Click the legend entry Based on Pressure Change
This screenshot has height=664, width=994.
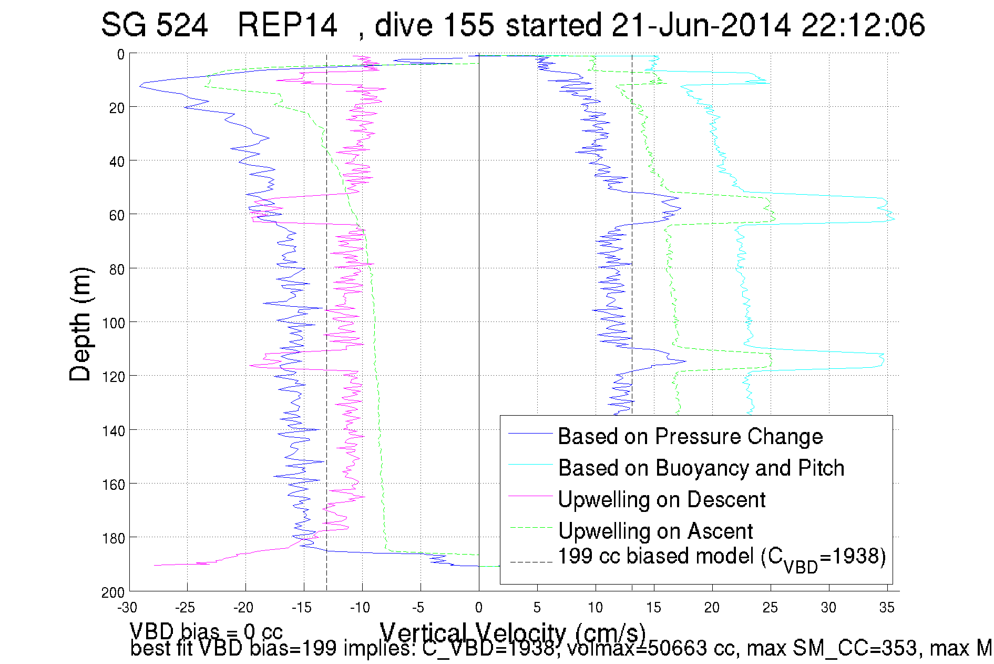click(x=690, y=437)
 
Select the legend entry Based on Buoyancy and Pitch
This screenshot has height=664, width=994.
click(x=701, y=468)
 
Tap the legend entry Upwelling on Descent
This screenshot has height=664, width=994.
click(x=661, y=500)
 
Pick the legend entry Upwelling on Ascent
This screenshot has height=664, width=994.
click(x=655, y=531)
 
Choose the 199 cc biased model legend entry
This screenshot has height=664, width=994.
click(x=721, y=558)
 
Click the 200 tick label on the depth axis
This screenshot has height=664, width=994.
click(x=113, y=593)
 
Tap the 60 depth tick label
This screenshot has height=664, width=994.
click(x=117, y=215)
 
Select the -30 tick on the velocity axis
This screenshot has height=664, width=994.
click(x=127, y=608)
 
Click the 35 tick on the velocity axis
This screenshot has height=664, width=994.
click(x=887, y=608)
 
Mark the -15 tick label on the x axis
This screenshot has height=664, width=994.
click(x=302, y=608)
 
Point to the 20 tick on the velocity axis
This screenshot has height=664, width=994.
click(x=712, y=608)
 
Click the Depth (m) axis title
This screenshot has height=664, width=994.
click(x=81, y=324)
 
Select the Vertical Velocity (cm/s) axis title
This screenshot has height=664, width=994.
click(x=513, y=631)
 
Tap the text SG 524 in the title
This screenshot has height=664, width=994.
click(x=154, y=25)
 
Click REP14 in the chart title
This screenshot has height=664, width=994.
click(x=287, y=25)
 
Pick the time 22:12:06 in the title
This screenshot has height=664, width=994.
click(x=863, y=25)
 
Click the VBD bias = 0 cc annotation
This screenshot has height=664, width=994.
click(x=206, y=631)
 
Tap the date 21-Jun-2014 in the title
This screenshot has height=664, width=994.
click(x=701, y=25)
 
